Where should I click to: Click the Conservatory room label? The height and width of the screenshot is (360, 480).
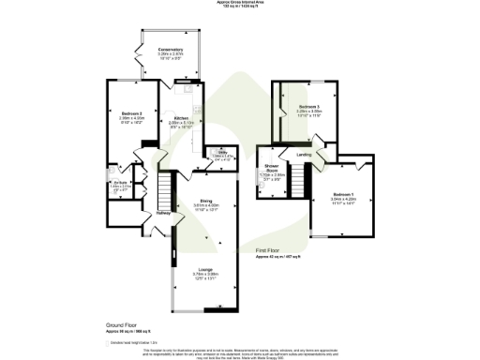pyautogui.click(x=170, y=49)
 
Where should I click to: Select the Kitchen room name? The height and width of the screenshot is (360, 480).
pyautogui.click(x=181, y=118)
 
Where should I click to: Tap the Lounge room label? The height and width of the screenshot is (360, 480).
pyautogui.click(x=204, y=268)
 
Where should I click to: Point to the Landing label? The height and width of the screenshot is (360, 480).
pyautogui.click(x=305, y=154)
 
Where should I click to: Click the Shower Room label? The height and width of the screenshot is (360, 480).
pyautogui.click(x=270, y=167)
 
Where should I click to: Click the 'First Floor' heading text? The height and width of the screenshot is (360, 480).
pyautogui.click(x=270, y=251)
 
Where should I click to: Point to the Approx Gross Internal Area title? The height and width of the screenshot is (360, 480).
pyautogui.click(x=239, y=3)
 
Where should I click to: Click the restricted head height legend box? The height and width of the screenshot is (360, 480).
pyautogui.click(x=108, y=343)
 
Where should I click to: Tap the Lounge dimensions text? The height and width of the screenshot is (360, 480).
pyautogui.click(x=204, y=275)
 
